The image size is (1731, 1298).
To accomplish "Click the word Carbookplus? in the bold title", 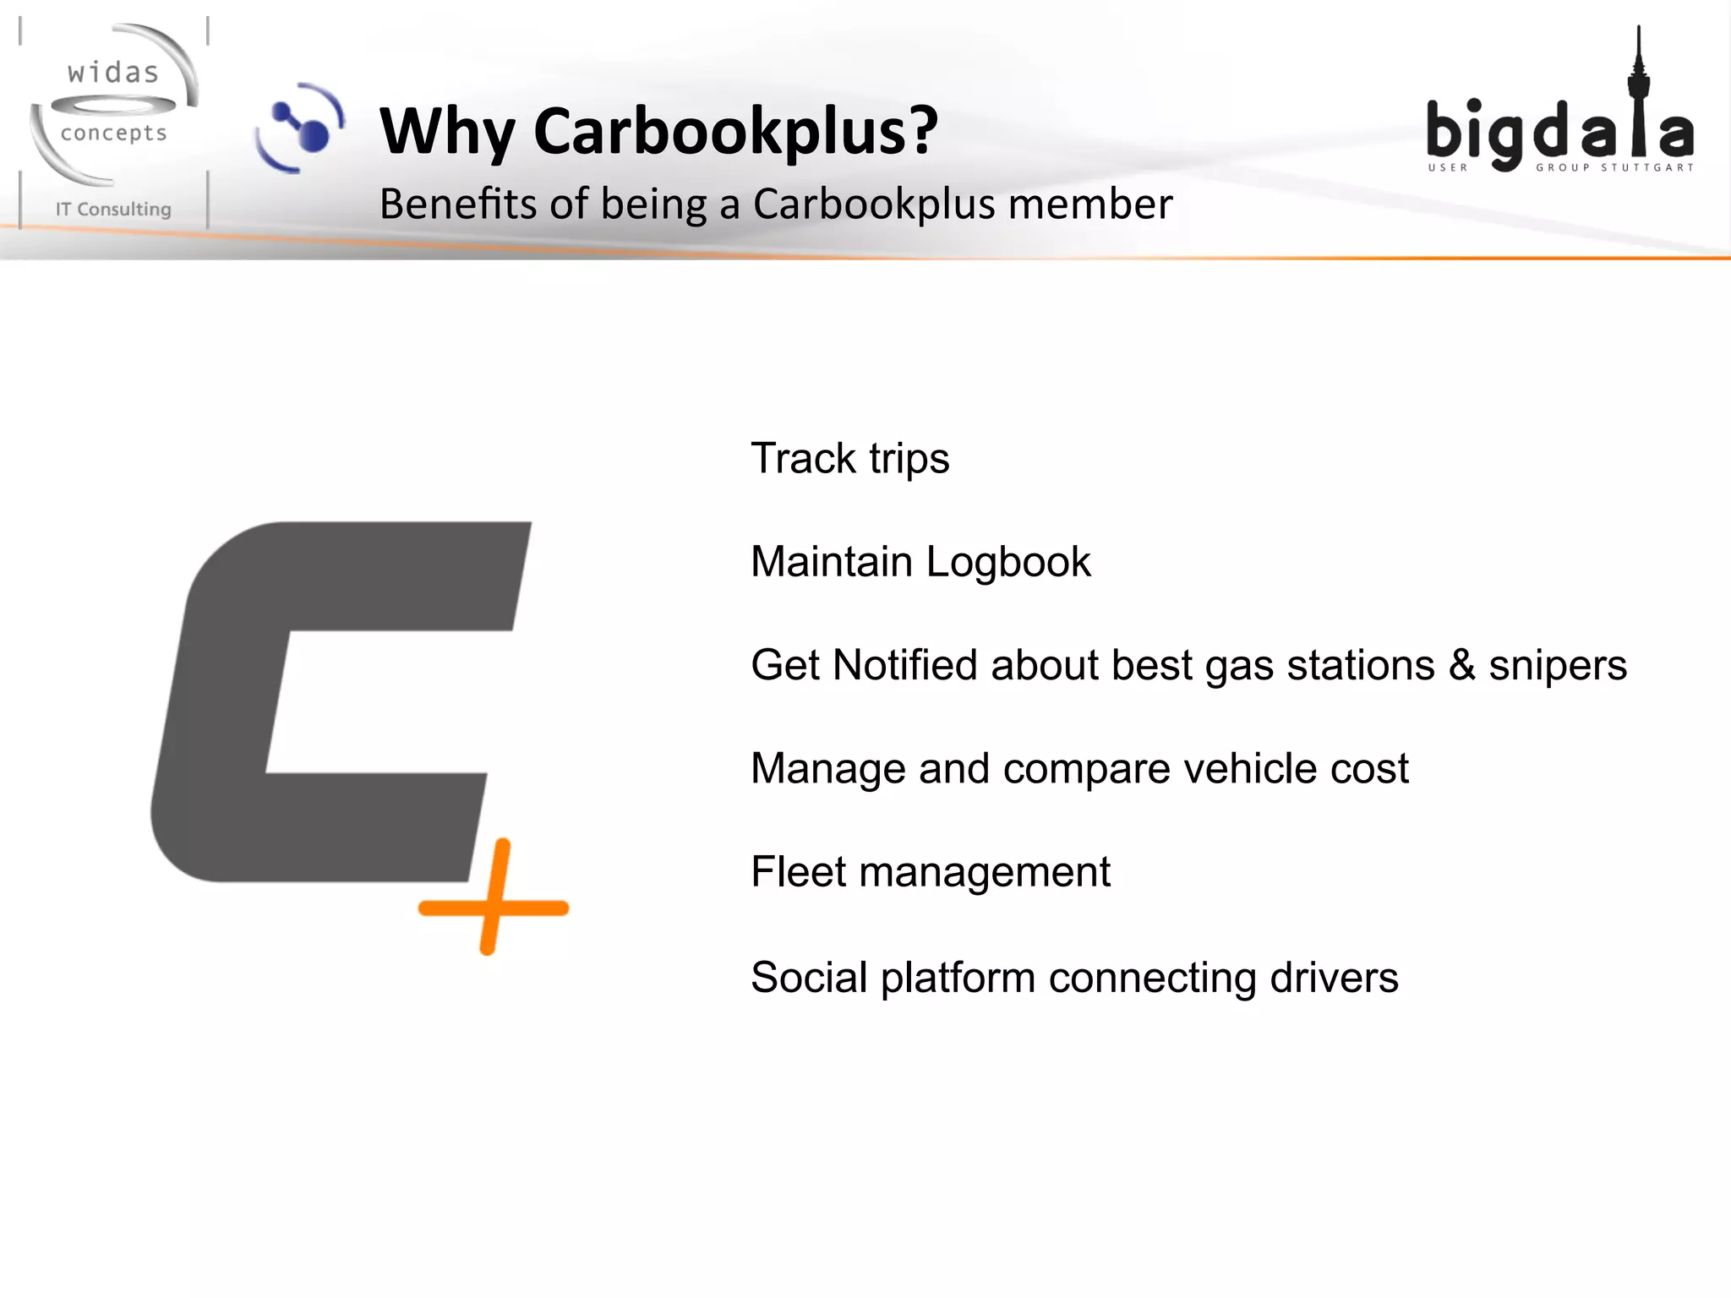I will tap(735, 132).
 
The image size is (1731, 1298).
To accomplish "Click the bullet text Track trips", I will tap(849, 459).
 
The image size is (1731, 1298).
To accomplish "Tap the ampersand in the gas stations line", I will tap(1462, 665).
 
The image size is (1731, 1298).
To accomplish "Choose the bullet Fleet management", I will tap(930, 872).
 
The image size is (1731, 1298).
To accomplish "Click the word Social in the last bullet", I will tap(809, 978).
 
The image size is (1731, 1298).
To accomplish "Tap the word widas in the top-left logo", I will tap(113, 74).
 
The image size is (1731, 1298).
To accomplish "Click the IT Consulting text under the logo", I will tap(113, 210).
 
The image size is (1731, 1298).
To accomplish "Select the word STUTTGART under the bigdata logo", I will tap(1647, 167).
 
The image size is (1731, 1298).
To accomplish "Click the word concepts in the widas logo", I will tap(113, 134).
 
